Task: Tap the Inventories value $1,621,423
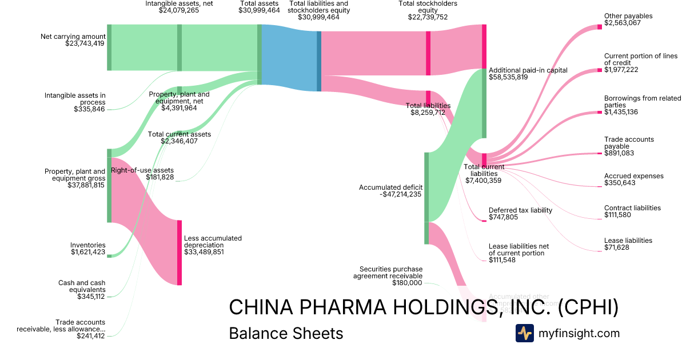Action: (x=88, y=252)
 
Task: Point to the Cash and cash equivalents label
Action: (x=82, y=286)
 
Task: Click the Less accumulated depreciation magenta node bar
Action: (x=180, y=252)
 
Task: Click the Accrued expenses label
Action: (x=634, y=176)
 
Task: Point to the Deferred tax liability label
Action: (x=520, y=210)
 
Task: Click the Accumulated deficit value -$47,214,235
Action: (x=400, y=194)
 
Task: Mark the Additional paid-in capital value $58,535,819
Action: (x=508, y=77)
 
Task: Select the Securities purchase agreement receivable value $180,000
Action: (x=407, y=283)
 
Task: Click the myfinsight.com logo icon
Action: (x=524, y=333)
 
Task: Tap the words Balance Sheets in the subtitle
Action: (x=286, y=334)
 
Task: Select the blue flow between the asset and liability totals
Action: (x=289, y=58)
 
